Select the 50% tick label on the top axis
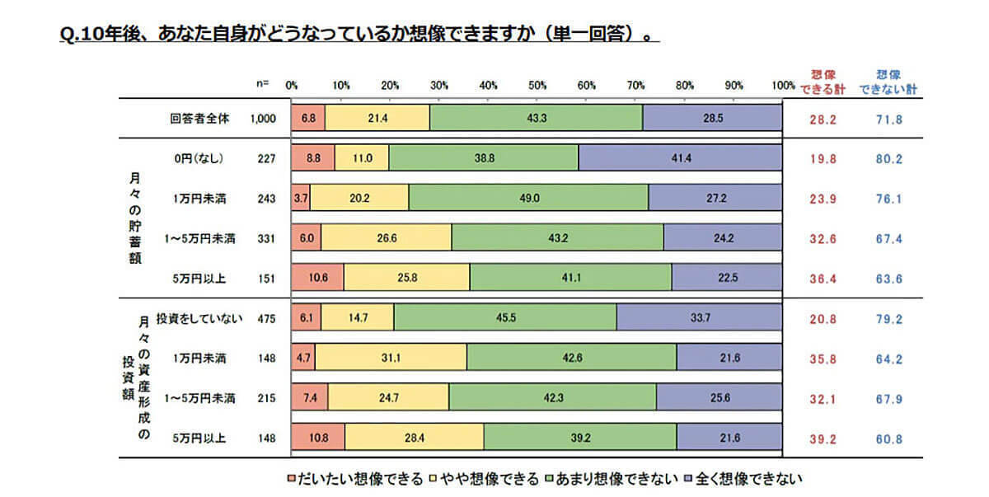pyautogui.click(x=537, y=85)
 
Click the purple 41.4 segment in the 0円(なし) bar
pyautogui.click(x=680, y=157)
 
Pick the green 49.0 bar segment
pyautogui.click(x=528, y=198)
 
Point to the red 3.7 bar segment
pyautogui.click(x=301, y=198)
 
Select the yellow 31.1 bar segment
pyautogui.click(x=391, y=358)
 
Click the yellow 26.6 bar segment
pyautogui.click(x=386, y=237)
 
